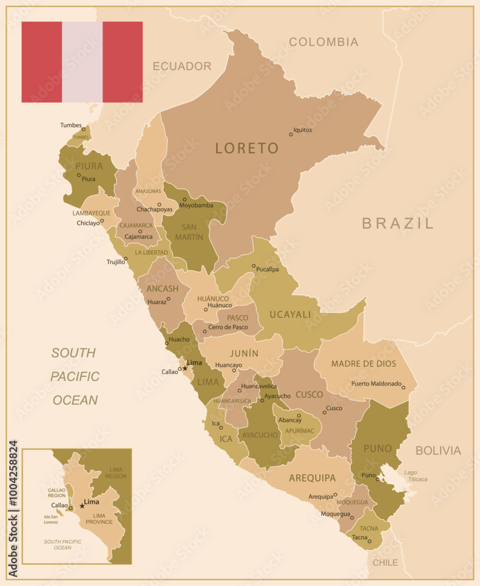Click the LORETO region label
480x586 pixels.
246,148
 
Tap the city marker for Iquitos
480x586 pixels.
290,134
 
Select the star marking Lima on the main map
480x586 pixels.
185,368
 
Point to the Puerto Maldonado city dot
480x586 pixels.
403,387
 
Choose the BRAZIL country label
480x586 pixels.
397,223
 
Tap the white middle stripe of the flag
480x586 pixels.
82,62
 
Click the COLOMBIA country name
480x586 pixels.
323,42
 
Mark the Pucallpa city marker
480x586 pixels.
253,266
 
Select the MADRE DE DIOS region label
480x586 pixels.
364,364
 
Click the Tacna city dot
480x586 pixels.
369,541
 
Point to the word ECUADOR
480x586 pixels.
182,66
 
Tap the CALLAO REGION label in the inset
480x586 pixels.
57,492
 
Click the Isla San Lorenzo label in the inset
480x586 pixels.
51,520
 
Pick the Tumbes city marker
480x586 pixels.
84,129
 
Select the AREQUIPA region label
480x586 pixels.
312,478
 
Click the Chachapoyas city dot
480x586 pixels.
159,205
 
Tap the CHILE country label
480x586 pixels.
385,563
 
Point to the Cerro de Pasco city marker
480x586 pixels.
204,332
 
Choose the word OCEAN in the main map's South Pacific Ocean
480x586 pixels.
75,400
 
